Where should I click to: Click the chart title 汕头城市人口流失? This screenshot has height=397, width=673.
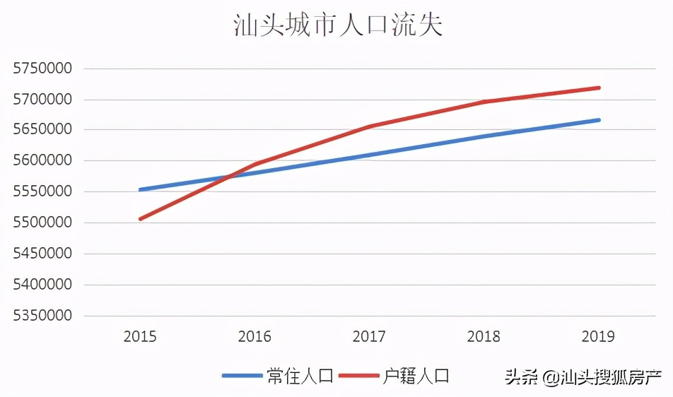point(337,25)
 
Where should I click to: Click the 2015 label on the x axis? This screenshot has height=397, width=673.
point(140,337)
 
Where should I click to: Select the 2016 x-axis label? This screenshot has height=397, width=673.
point(254,337)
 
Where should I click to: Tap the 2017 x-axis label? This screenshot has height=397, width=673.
point(369,337)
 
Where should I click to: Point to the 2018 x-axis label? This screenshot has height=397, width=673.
point(484,337)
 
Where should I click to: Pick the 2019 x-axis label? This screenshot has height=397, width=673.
point(598,337)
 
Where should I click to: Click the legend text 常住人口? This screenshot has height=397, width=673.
point(300,376)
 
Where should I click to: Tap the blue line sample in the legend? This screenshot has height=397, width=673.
point(242,376)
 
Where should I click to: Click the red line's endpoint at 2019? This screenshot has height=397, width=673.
point(599,88)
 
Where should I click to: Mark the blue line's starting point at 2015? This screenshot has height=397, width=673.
point(140,189)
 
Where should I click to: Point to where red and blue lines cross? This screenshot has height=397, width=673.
point(228,176)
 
